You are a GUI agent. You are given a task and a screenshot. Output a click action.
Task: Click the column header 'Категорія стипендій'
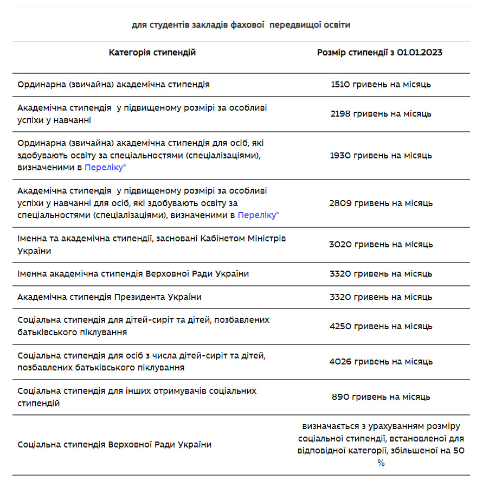(152, 53)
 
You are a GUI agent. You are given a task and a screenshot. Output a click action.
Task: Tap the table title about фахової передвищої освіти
(241, 25)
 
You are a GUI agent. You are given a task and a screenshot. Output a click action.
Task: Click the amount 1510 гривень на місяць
(381, 85)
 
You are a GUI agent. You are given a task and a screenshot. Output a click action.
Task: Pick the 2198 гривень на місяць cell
(381, 114)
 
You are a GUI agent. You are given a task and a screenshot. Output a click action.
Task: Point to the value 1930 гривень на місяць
(381, 156)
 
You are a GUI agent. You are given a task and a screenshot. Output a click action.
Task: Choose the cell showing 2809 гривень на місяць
(381, 203)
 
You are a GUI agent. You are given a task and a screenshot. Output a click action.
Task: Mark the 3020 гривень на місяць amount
(381, 245)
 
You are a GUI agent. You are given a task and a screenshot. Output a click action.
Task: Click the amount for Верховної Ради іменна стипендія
(381, 274)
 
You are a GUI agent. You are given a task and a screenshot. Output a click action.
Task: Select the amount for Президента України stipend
(381, 297)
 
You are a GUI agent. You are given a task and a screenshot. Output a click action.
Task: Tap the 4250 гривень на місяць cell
(381, 327)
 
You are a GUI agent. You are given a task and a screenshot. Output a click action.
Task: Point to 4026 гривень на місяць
(381, 362)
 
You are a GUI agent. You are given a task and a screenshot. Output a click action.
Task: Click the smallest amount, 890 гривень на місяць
(381, 397)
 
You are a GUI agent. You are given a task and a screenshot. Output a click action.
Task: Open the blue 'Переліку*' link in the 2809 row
(259, 215)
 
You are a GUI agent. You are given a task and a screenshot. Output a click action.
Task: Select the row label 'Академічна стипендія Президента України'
(110, 297)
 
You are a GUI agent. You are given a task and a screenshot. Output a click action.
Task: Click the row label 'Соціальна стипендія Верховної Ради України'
(114, 445)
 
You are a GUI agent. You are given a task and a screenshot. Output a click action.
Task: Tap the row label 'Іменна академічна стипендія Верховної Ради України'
(133, 274)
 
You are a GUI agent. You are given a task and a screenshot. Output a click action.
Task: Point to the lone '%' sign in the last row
(381, 463)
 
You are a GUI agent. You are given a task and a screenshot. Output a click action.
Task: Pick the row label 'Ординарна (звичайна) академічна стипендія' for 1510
(114, 85)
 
